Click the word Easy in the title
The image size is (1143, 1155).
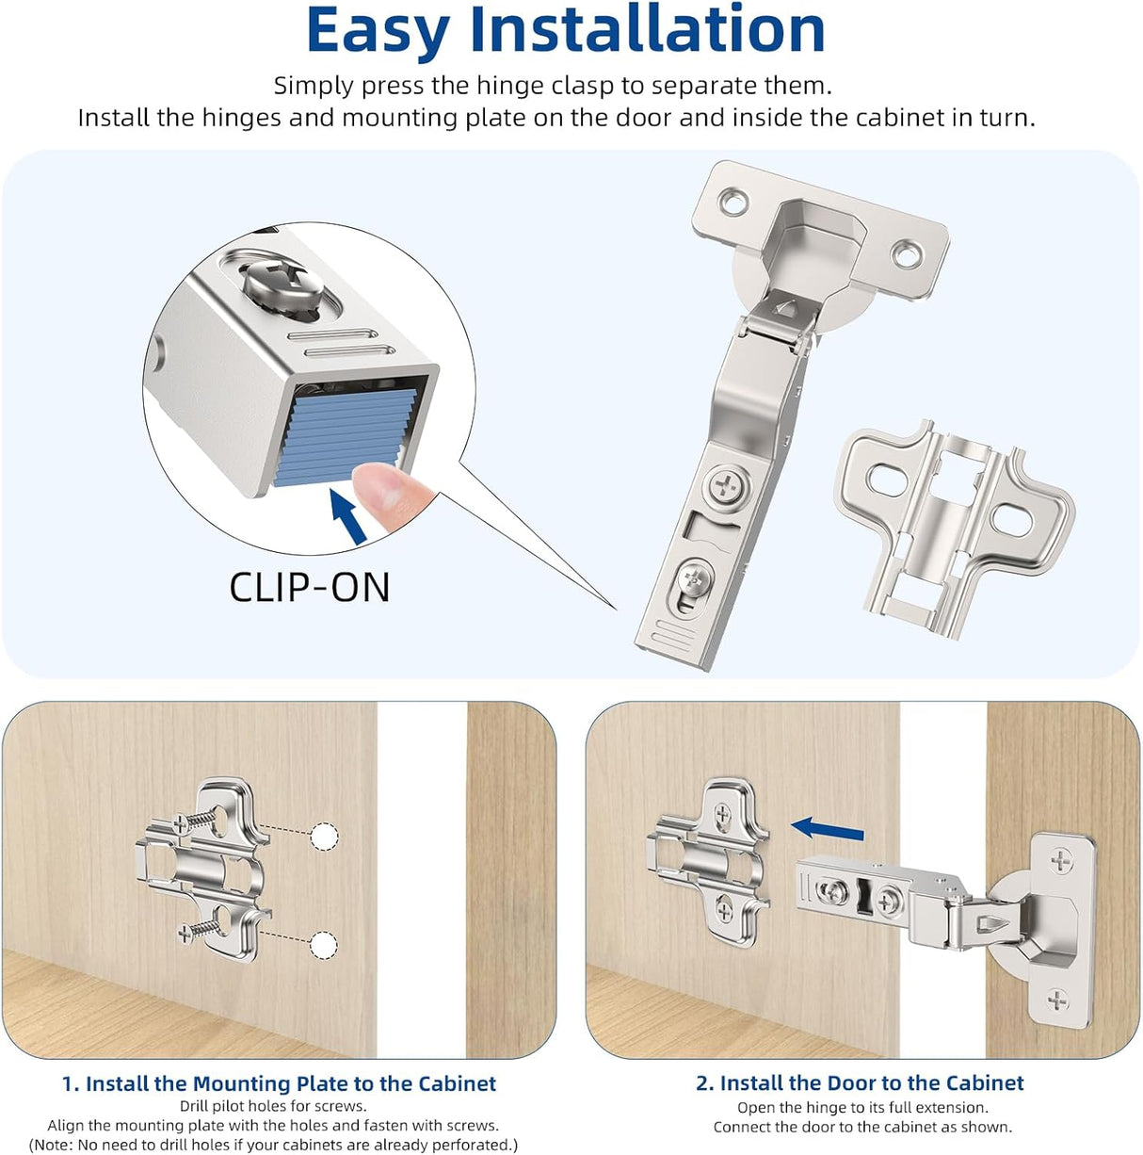378,31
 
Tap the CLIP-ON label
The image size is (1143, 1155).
309,587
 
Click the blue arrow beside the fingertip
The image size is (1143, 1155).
347,515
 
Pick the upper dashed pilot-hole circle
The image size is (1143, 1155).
324,836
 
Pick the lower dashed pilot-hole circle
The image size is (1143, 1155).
324,945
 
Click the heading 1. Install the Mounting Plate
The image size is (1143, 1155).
279,1083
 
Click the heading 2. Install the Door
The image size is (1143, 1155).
860,1083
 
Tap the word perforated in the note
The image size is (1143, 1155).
467,1145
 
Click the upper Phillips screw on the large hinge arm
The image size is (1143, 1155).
729,487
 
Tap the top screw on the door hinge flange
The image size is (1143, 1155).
1061,859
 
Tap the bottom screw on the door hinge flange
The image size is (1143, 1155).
1058,1000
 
